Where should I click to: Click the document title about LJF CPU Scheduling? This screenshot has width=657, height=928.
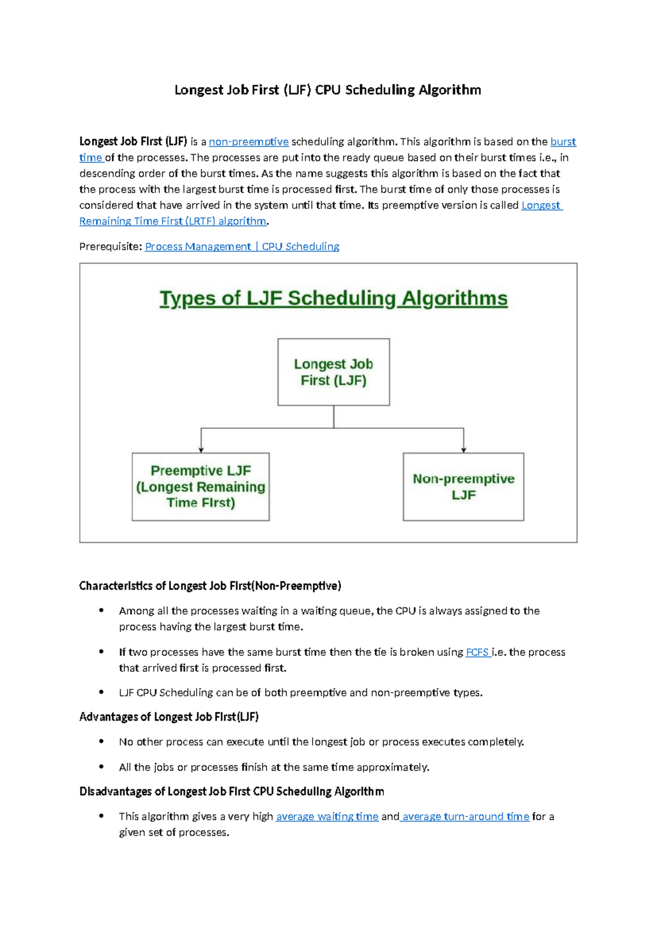327,90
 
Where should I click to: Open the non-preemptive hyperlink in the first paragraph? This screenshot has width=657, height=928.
249,142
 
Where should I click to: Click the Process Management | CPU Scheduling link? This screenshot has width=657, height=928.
242,247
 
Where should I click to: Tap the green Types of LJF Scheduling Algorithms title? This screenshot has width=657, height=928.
333,298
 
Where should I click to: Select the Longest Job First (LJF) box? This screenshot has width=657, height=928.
333,372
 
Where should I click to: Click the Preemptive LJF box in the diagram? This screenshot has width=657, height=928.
200,486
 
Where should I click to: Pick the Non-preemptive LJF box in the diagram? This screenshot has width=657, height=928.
463,486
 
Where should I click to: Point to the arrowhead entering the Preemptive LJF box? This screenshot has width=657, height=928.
201,449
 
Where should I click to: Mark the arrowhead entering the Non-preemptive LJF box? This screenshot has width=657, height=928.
464,449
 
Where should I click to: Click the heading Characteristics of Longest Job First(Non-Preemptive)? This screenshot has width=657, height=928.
210,586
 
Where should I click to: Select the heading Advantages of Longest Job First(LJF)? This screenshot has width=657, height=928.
169,717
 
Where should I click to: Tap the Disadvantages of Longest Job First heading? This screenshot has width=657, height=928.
232,792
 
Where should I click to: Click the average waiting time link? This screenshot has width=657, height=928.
327,817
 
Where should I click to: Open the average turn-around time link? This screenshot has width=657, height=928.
465,817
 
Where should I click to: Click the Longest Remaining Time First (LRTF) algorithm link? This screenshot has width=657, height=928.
172,222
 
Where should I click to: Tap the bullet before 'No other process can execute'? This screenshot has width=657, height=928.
101,741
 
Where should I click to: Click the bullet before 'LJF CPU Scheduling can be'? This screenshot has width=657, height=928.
101,692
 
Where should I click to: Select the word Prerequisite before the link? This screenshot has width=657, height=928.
109,247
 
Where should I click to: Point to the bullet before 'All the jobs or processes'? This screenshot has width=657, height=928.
101,767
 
